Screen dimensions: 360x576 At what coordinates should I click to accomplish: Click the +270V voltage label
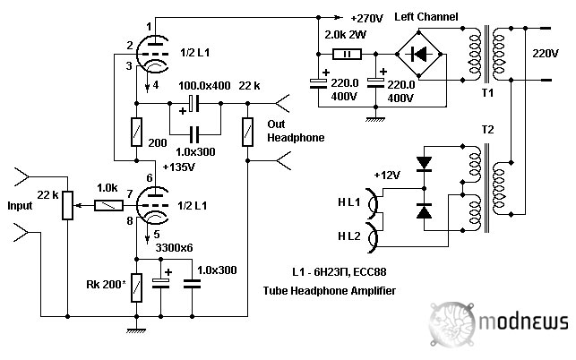(x=368, y=17)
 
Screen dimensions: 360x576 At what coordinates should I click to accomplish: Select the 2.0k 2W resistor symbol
(x=346, y=54)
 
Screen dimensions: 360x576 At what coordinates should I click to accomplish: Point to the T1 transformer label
(x=487, y=93)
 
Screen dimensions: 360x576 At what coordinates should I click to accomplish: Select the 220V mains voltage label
(x=545, y=54)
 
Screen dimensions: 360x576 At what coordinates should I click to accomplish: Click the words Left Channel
(x=426, y=17)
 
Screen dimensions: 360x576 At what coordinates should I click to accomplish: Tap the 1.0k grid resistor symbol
(x=107, y=206)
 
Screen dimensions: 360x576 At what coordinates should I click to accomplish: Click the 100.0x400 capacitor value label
(x=205, y=85)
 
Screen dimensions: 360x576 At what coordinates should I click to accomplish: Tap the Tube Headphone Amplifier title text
(x=329, y=291)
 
